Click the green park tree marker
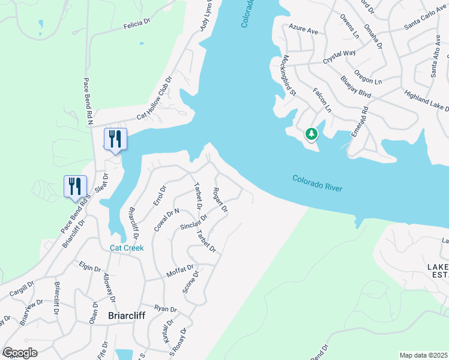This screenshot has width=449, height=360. [311, 133]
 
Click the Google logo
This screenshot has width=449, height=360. [20, 353]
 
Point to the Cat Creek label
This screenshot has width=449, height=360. [126, 248]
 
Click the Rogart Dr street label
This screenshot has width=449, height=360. [220, 200]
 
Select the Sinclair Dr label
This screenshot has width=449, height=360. [193, 222]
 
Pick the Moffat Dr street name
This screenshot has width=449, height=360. [181, 271]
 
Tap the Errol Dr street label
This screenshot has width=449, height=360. [159, 196]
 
